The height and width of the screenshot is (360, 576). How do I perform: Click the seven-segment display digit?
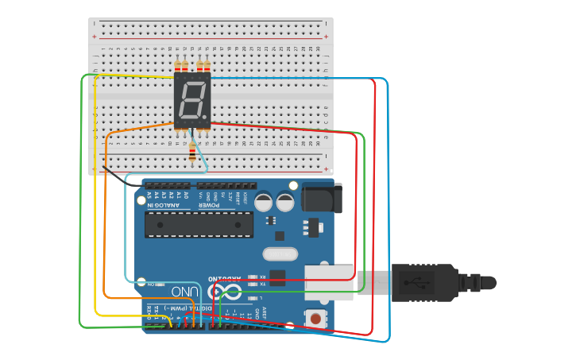click(x=191, y=100)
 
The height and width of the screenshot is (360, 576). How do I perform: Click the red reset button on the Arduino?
click(x=316, y=319)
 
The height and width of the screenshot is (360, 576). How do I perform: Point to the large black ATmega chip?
click(x=199, y=224)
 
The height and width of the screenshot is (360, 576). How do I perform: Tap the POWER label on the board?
click(x=208, y=206)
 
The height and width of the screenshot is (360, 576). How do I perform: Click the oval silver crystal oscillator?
click(x=279, y=254)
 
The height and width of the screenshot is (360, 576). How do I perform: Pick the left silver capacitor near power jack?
click(x=265, y=203)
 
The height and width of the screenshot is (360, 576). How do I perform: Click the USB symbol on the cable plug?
click(x=417, y=282)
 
